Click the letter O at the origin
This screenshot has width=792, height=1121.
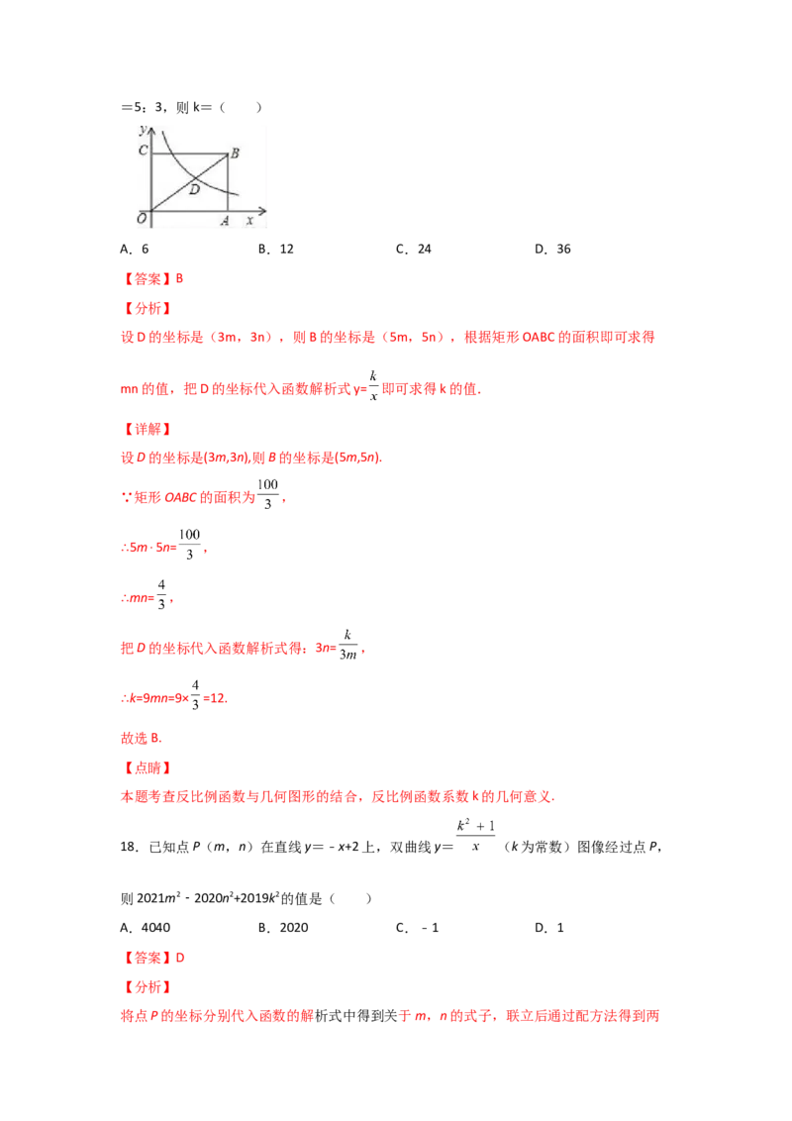point(142,219)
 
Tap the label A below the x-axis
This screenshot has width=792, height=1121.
point(225,222)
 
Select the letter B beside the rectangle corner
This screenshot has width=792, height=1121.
point(236,153)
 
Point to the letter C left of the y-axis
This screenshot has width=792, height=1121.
point(143,151)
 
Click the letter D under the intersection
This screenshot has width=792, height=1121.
point(194,188)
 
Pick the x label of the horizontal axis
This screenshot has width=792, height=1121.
point(250,222)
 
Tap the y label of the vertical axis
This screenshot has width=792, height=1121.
point(144,128)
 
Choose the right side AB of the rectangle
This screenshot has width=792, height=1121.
point(229,183)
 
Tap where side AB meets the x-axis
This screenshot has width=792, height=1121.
point(229,210)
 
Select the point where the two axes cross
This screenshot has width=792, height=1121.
point(150,210)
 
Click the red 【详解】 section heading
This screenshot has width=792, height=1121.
point(147,429)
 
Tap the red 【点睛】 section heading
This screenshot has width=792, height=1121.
point(147,767)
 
